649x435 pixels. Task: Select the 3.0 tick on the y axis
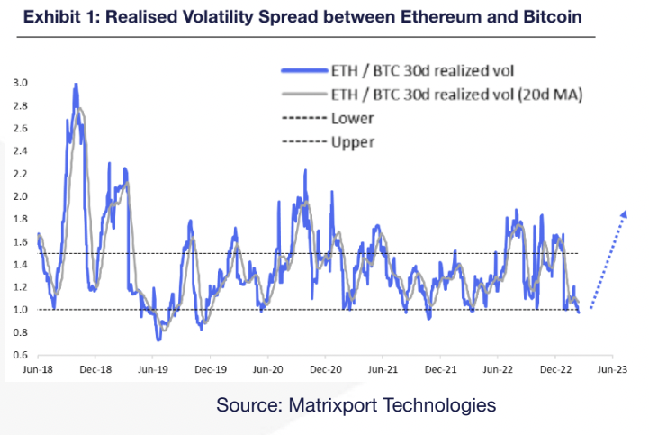click(x=19, y=83)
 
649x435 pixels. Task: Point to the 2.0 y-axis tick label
click(x=19, y=196)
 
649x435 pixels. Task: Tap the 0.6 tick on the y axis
click(x=19, y=355)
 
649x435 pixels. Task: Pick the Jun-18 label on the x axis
click(x=37, y=369)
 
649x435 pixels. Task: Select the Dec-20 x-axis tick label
click(x=325, y=369)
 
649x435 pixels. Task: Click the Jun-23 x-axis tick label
click(x=613, y=369)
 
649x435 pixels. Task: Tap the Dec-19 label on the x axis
click(x=210, y=369)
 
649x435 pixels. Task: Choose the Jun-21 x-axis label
click(x=383, y=369)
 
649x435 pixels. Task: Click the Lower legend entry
click(x=353, y=119)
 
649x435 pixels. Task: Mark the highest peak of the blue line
click(x=76, y=85)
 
